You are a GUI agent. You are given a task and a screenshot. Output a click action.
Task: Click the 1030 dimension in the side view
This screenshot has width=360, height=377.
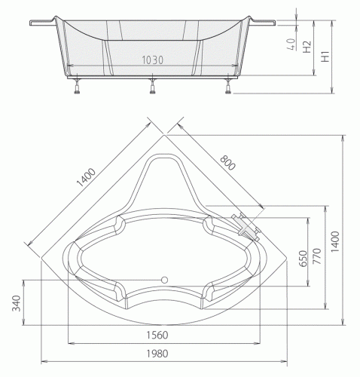pyautogui.click(x=153, y=60)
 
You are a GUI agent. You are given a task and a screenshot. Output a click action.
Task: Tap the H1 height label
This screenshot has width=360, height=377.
pyautogui.click(x=325, y=57)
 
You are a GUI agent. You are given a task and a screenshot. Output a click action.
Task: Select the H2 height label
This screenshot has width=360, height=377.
pyautogui.click(x=307, y=47)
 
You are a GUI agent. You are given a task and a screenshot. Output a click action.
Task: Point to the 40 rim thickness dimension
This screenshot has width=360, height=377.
pyautogui.click(x=291, y=44)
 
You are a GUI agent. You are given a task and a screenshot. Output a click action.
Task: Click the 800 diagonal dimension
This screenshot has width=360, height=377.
pyautogui.click(x=227, y=163)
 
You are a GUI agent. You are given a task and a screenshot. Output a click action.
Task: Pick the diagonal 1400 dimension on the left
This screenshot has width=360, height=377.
pyautogui.click(x=86, y=178)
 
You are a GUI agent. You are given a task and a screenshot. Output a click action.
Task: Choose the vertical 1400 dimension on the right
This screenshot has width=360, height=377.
pyautogui.click(x=335, y=242)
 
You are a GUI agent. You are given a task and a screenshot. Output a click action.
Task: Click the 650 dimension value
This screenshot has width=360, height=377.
pyautogui.click(x=304, y=259)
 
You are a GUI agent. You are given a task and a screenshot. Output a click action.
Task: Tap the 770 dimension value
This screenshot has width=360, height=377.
pyautogui.click(x=317, y=256)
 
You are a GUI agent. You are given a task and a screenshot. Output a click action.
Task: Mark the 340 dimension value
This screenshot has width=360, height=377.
pyautogui.click(x=17, y=303)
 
